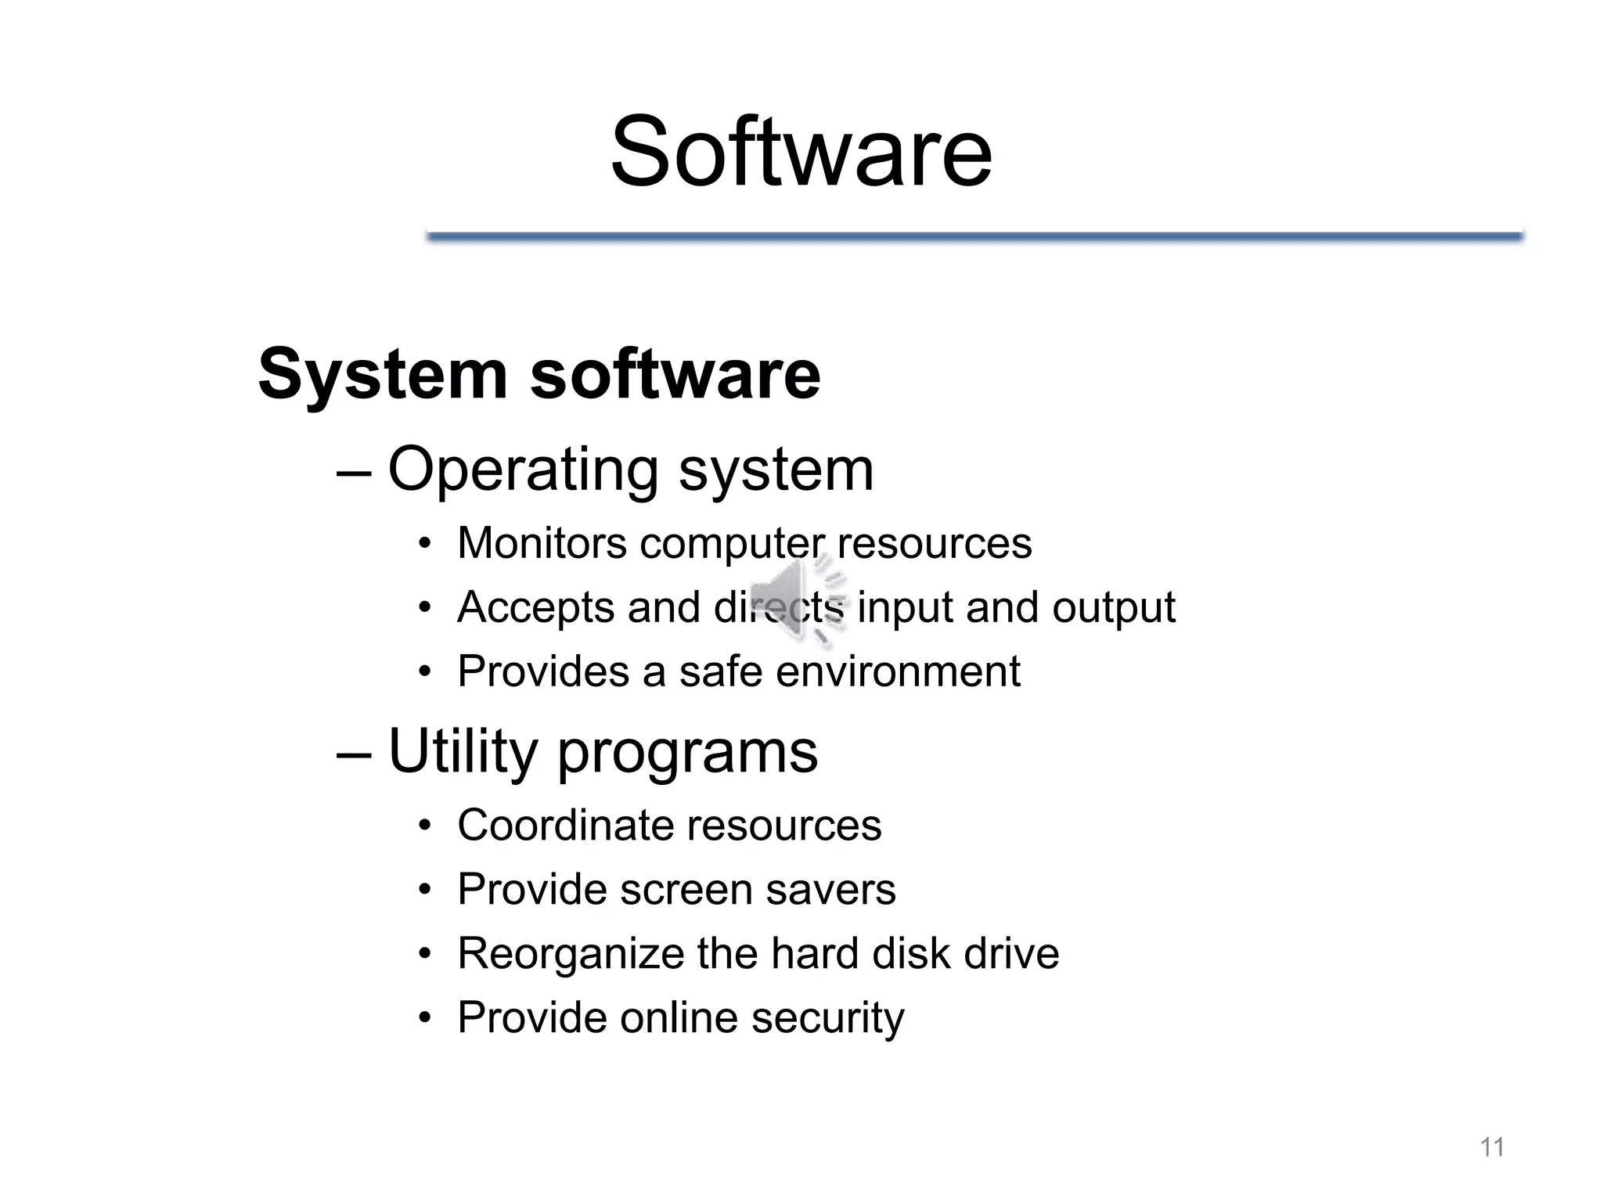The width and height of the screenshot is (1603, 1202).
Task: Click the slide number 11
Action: [x=1492, y=1147]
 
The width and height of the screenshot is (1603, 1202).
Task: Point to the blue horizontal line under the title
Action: [x=974, y=236]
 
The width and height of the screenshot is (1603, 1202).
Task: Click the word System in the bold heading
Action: [x=382, y=374]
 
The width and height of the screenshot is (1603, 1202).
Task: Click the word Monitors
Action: [x=542, y=542]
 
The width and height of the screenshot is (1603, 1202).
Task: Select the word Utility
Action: [x=462, y=751]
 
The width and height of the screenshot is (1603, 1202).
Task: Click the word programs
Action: [x=687, y=753]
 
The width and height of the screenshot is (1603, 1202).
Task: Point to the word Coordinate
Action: [x=565, y=825]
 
